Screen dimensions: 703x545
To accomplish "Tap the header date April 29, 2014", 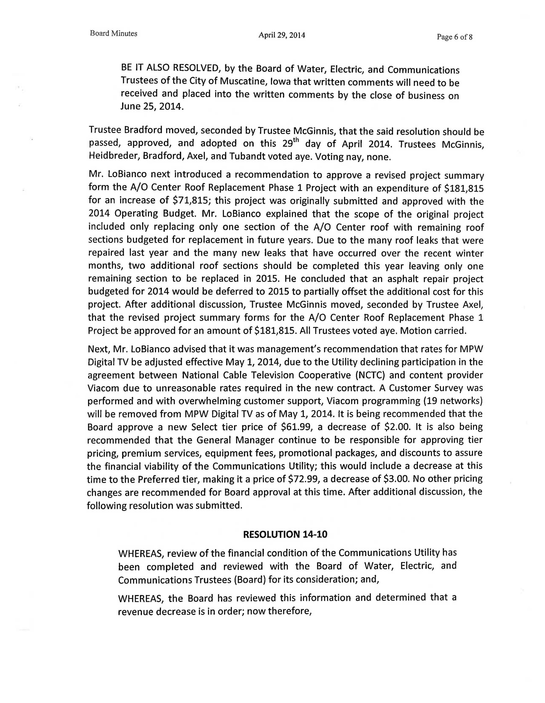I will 282,35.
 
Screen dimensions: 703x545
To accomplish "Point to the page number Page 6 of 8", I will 454,37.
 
